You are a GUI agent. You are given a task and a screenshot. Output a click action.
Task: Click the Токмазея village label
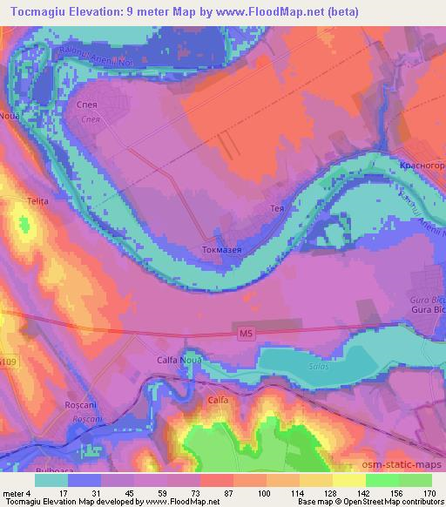[x=221, y=249]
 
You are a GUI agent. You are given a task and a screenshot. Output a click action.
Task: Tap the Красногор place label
[x=417, y=165]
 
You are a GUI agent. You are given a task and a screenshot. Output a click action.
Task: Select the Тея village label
[x=279, y=210]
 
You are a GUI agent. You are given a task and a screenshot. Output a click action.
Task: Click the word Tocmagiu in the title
[x=37, y=10]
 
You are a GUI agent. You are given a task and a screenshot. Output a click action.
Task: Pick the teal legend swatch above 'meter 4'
[x=51, y=480]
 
